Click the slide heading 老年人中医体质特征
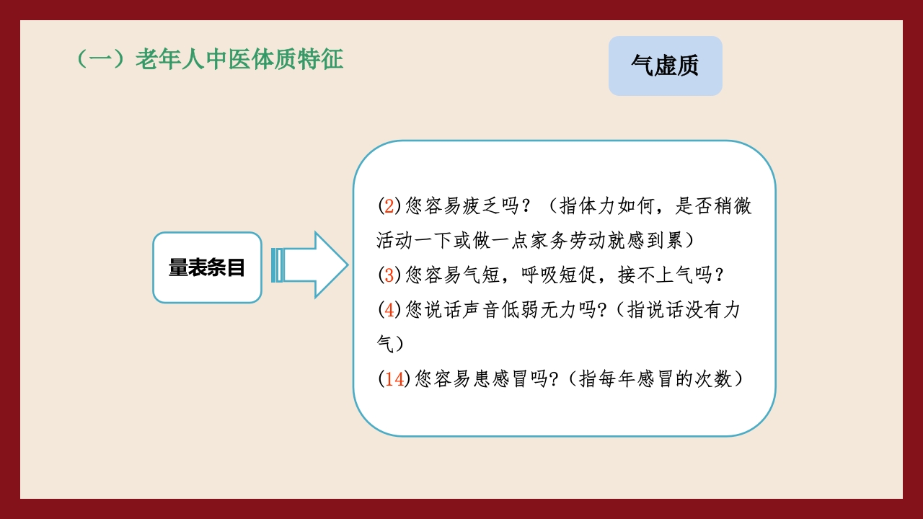(209, 60)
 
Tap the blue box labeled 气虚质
(665, 66)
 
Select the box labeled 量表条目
(207, 267)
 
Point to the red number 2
(389, 206)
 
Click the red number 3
(389, 275)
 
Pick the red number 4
(389, 310)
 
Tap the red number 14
(394, 379)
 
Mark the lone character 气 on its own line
(385, 344)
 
